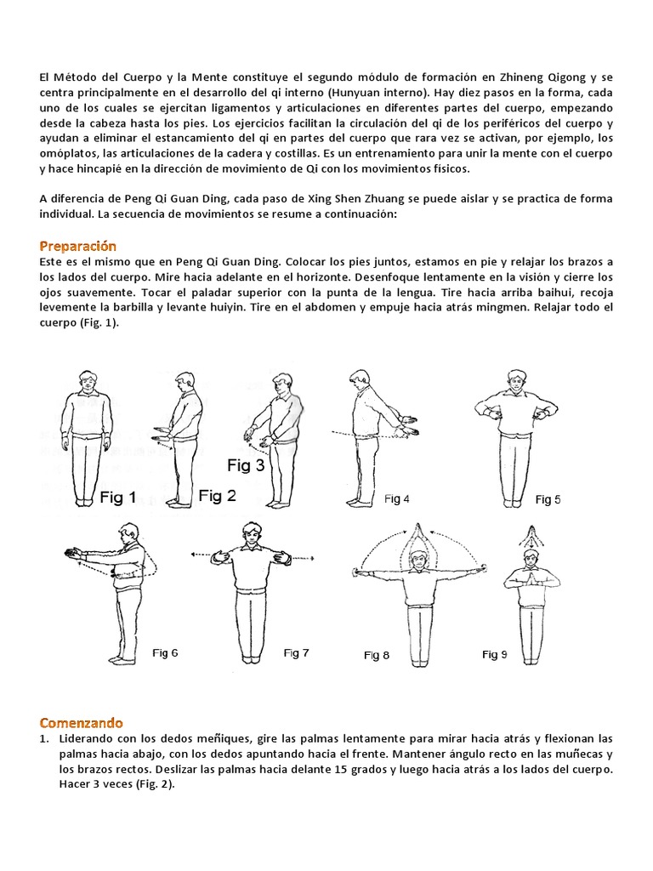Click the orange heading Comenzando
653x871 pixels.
click(81, 723)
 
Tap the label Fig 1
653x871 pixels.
click(118, 498)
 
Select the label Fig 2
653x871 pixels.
click(217, 496)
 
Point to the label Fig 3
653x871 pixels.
click(246, 465)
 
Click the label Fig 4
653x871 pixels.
click(397, 499)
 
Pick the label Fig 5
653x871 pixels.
click(548, 499)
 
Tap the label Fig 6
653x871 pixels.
click(165, 653)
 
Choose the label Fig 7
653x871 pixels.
click(296, 653)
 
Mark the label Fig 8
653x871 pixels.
click(377, 655)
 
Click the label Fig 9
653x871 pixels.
click(495, 654)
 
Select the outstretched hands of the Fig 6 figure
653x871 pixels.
click(75, 555)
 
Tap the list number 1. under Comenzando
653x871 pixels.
click(45, 738)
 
